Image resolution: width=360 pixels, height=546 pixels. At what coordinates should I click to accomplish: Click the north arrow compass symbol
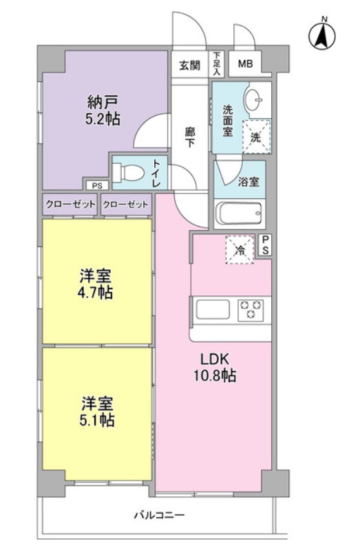(322, 35)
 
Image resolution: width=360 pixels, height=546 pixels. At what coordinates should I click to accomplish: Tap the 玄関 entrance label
(190, 65)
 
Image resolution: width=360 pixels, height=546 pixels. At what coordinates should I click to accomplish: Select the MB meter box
(245, 64)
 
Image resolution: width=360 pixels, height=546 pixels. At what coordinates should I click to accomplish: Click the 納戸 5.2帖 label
(103, 110)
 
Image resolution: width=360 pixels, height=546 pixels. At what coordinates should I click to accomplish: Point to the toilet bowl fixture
(129, 172)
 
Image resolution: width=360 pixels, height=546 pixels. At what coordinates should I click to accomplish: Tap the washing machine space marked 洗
(256, 136)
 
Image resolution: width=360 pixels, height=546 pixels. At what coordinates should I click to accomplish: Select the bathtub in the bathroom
(239, 214)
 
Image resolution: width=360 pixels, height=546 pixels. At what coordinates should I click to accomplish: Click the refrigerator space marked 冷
(240, 250)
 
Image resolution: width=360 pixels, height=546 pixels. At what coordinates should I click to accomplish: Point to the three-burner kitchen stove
(251, 310)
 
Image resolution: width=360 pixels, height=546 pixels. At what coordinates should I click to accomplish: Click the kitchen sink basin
(213, 310)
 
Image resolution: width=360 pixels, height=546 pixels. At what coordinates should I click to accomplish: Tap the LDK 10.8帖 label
(215, 367)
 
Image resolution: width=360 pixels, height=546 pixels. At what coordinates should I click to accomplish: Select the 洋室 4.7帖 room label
(95, 284)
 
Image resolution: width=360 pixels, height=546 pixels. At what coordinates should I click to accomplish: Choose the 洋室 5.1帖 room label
(97, 412)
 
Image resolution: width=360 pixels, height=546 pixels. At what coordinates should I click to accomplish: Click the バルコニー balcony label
(160, 514)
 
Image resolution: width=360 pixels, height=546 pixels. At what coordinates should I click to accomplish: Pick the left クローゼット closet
(71, 204)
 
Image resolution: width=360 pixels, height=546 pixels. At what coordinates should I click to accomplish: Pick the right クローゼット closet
(126, 204)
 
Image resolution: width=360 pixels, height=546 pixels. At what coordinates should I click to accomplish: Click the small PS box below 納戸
(98, 186)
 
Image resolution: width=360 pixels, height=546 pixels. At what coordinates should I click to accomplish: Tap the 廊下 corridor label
(190, 137)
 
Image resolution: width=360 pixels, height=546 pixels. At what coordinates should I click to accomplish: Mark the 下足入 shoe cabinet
(218, 64)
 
